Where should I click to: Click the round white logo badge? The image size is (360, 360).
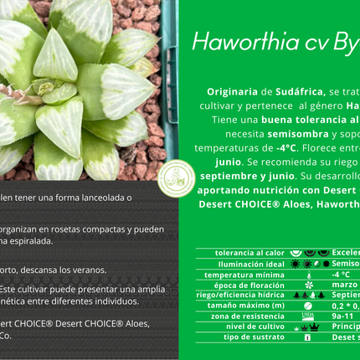click(176, 177)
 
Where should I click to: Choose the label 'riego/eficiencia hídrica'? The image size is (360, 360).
click(240, 294)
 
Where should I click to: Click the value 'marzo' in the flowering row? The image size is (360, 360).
click(344, 284)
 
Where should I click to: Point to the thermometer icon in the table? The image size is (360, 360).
click(309, 274)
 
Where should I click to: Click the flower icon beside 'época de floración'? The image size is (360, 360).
click(309, 284)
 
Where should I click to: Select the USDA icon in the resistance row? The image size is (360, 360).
click(309, 316)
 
